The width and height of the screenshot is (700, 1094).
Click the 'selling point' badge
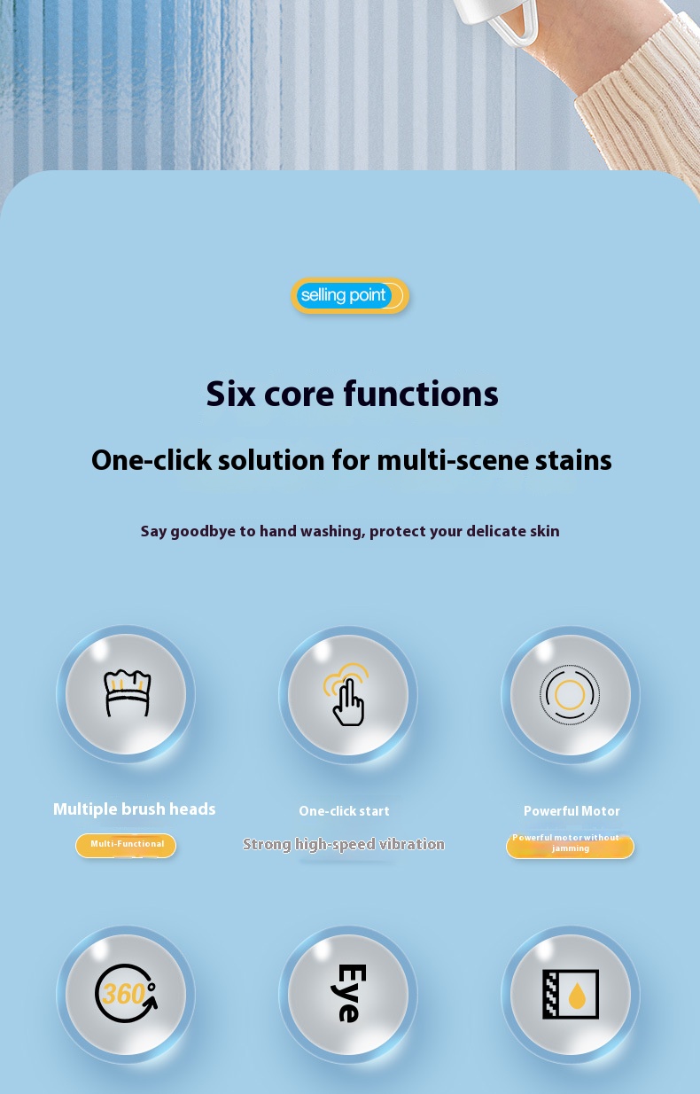(x=350, y=295)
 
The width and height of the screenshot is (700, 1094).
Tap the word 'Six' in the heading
(x=230, y=394)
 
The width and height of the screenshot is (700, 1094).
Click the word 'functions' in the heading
(x=421, y=394)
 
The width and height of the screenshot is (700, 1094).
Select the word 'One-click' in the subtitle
(x=152, y=460)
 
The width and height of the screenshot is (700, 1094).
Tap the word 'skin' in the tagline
(x=544, y=531)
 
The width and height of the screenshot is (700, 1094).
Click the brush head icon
(x=128, y=693)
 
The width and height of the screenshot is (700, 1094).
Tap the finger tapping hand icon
(x=346, y=694)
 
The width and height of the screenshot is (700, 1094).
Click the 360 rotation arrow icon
(x=126, y=993)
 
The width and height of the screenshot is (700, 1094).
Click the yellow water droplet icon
(x=578, y=996)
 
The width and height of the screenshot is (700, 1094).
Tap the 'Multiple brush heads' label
(x=134, y=809)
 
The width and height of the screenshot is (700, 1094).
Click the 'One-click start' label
(x=344, y=811)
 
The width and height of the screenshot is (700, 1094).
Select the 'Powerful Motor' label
(x=572, y=811)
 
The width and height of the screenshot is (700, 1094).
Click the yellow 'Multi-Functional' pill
(x=126, y=846)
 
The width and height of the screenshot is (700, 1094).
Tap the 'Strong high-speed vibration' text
(x=344, y=844)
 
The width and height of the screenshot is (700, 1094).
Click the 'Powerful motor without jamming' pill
(x=570, y=846)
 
